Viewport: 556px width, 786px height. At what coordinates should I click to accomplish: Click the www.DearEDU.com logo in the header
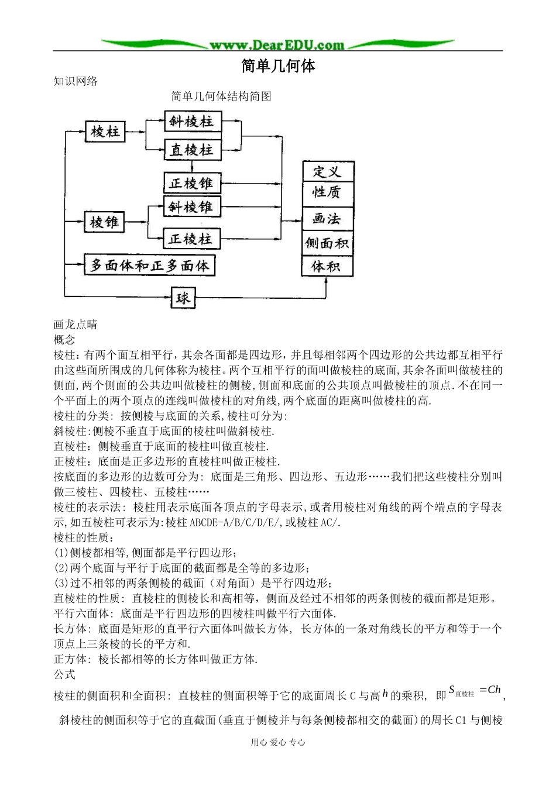(x=277, y=44)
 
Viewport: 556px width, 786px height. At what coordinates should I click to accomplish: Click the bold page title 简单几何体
(x=278, y=65)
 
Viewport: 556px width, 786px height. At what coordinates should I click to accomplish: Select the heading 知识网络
(x=75, y=81)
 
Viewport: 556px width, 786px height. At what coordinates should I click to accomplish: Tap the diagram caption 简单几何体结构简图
(x=221, y=96)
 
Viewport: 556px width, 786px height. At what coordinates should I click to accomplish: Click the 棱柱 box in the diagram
(x=105, y=132)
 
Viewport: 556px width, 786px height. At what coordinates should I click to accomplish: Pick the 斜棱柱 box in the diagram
(x=191, y=122)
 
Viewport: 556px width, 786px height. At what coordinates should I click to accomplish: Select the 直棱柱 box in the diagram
(x=191, y=150)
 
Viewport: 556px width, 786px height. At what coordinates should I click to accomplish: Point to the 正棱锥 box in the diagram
(x=191, y=183)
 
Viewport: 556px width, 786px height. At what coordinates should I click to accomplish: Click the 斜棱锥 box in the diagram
(x=191, y=207)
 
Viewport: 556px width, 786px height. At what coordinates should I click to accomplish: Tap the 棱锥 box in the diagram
(x=105, y=222)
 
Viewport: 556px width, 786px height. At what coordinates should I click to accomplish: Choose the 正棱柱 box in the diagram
(x=191, y=239)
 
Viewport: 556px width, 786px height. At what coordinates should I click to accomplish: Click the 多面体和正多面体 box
(x=150, y=266)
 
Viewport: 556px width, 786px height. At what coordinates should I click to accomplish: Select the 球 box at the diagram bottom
(x=183, y=298)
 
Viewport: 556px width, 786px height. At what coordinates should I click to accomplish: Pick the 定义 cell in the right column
(x=327, y=171)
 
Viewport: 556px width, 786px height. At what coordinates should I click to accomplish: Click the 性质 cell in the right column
(x=327, y=192)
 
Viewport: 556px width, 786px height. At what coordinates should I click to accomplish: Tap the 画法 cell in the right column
(x=327, y=219)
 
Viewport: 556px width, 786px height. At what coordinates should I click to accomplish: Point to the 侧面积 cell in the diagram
(x=327, y=243)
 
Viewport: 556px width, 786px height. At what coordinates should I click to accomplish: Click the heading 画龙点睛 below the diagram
(x=75, y=325)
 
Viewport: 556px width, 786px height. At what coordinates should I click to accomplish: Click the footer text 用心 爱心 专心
(x=278, y=742)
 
